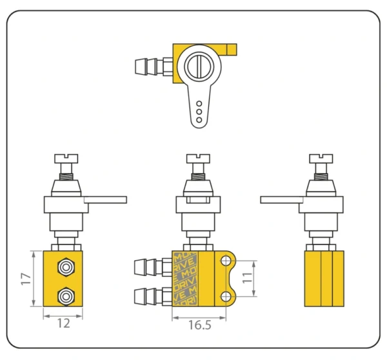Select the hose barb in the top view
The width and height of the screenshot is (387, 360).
coord(147,66)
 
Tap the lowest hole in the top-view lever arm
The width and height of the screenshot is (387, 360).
coord(199,120)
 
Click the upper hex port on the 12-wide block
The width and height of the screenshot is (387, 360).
coord(64,266)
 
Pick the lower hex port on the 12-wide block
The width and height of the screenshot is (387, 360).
coord(64,296)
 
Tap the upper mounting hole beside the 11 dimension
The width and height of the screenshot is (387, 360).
coord(226,261)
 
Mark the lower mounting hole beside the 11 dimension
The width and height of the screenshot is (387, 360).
coord(226,296)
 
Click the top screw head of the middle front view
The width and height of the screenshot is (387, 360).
coord(198,157)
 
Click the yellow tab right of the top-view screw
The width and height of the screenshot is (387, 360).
coord(227,49)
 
